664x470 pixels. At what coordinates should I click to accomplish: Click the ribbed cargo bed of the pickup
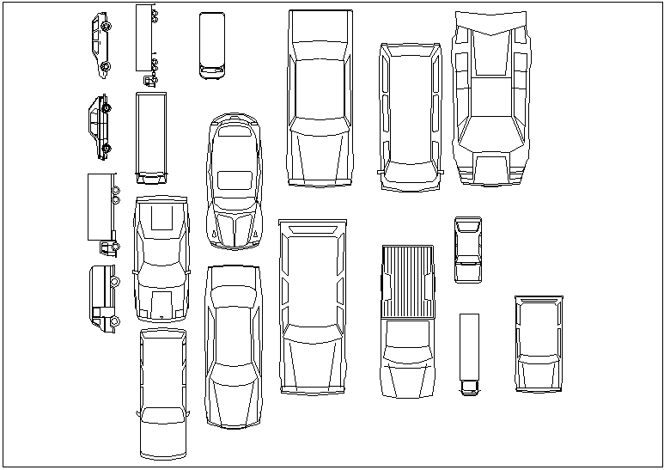point(407,279)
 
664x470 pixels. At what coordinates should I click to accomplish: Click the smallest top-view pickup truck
point(468,249)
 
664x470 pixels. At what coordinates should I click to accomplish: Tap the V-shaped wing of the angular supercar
point(490,25)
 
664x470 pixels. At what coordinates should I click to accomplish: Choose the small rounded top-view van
point(211,45)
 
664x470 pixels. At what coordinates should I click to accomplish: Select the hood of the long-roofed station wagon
point(163,435)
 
